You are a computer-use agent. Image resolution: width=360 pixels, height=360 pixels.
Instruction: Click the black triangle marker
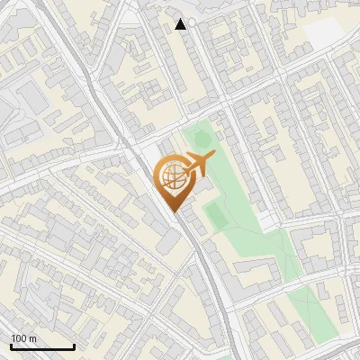click(181, 24)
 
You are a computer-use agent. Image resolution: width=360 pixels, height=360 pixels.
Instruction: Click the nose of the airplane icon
click(214, 157)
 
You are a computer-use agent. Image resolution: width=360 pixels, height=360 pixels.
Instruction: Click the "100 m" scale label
click(23, 338)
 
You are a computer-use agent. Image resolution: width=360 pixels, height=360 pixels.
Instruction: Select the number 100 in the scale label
click(19, 338)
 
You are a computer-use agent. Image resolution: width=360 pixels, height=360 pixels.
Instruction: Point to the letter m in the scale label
click(33, 339)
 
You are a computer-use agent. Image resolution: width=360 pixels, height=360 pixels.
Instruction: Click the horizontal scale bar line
click(42, 347)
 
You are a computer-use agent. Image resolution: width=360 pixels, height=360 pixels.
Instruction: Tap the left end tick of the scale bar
click(11, 346)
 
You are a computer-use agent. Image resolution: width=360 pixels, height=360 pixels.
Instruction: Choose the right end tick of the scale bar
click(74, 346)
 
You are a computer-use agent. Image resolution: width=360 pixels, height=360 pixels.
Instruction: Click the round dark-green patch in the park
click(202, 139)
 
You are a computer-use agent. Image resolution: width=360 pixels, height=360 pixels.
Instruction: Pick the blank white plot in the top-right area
click(325, 33)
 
